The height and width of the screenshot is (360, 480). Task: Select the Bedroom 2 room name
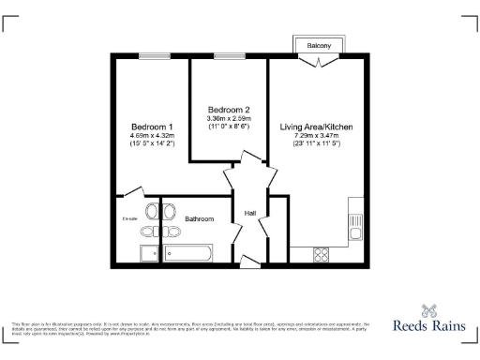(x=229, y=109)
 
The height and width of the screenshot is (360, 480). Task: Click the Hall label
(x=250, y=214)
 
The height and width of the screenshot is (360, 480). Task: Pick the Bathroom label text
(x=199, y=218)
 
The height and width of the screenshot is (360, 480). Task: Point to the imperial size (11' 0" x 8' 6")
(x=229, y=127)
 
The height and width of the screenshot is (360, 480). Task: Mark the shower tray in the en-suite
(x=149, y=253)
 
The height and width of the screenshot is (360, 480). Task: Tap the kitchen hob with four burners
(x=320, y=252)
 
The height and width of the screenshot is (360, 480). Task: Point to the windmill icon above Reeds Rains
(x=430, y=308)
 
